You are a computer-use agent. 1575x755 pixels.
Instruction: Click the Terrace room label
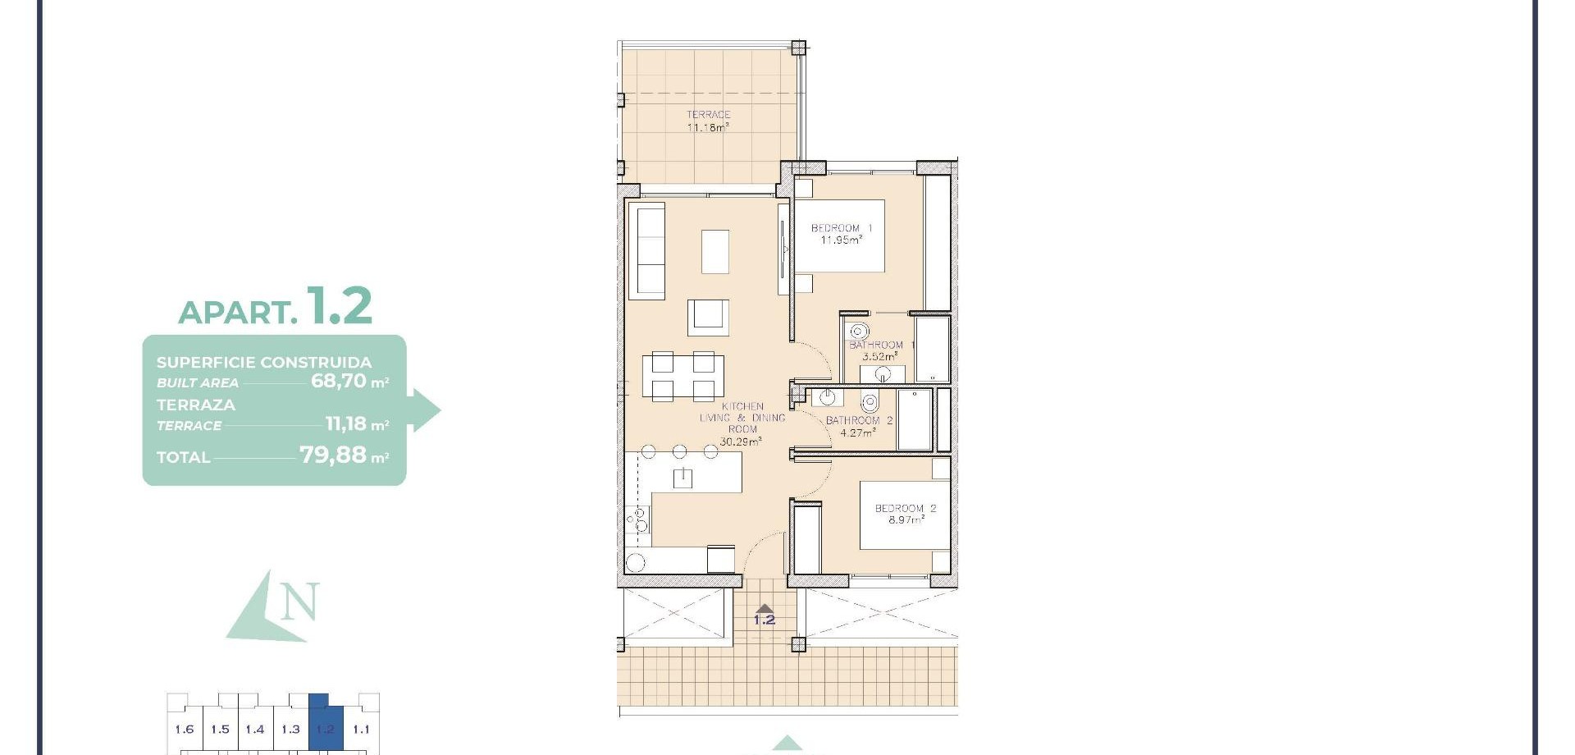click(708, 115)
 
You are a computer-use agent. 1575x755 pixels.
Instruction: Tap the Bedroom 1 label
click(842, 228)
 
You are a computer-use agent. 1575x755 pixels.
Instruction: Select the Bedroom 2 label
click(905, 509)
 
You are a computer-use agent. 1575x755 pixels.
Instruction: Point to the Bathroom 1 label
click(881, 345)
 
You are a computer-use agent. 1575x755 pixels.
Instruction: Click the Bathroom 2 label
click(859, 421)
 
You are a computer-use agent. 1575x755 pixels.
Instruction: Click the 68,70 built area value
click(339, 381)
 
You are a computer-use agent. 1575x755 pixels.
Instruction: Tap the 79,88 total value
click(333, 455)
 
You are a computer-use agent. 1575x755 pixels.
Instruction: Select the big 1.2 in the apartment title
click(340, 305)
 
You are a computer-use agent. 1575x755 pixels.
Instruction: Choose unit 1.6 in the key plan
click(185, 730)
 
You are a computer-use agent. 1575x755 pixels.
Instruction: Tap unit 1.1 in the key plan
click(361, 730)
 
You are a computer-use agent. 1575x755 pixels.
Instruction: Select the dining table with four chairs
click(683, 375)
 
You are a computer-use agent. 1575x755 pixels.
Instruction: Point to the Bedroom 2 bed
click(905, 515)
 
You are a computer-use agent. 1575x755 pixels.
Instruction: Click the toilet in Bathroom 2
click(870, 402)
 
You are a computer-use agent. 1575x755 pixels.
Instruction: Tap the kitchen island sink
click(682, 478)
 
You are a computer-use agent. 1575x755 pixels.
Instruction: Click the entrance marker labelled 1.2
click(765, 615)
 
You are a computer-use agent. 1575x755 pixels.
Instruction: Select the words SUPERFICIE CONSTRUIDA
click(264, 362)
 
